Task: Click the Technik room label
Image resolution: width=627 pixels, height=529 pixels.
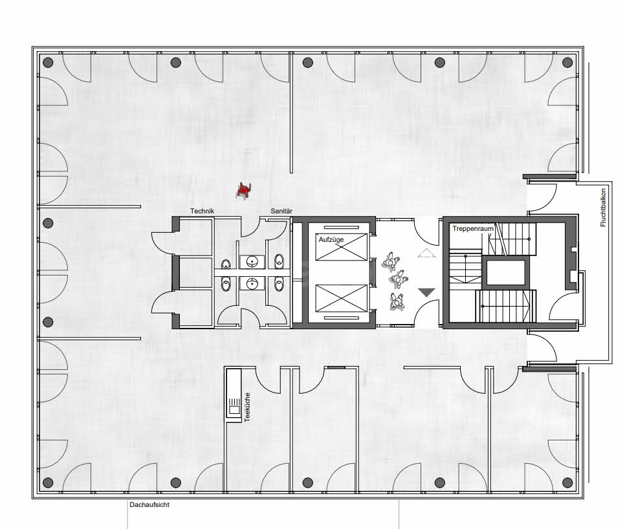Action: pos(202,211)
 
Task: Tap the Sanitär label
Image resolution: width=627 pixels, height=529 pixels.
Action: pos(281,211)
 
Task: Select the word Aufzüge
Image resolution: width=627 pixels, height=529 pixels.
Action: pos(331,239)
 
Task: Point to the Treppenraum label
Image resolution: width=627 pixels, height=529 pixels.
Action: pos(470,229)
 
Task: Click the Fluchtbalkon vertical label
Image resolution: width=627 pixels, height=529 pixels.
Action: pos(603,207)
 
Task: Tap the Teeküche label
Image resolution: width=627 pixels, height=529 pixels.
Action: pos(247,407)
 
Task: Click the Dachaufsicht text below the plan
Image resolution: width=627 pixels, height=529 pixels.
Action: pos(149,505)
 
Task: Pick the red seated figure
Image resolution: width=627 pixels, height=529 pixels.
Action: pos(244,189)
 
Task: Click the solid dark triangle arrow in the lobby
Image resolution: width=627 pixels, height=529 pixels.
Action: pos(426,293)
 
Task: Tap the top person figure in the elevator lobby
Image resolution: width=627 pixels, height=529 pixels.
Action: pos(390,261)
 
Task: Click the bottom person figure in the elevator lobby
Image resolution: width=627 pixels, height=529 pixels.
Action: pos(396,301)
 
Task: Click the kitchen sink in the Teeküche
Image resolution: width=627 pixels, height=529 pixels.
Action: pos(232,408)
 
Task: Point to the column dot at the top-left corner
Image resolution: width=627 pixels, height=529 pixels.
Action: pos(47,63)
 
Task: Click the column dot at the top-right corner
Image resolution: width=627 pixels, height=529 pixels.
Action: pos(568,63)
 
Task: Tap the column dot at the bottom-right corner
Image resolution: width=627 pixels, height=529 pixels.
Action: pos(568,482)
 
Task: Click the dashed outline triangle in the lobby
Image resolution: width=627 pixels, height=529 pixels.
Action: pos(426,253)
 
